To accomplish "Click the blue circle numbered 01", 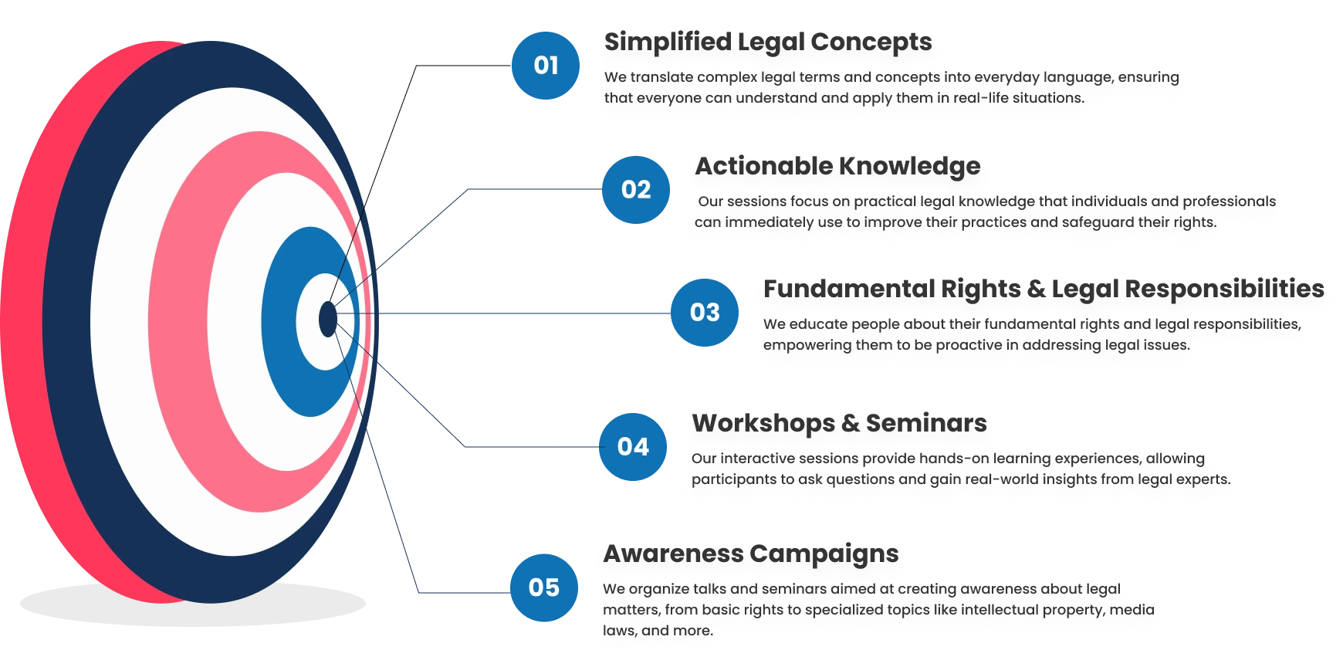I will (545, 66).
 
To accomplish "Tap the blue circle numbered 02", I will (634, 189).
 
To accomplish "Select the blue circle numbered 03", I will (704, 312).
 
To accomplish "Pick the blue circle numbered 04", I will (632, 446).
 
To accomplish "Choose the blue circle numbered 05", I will (543, 587).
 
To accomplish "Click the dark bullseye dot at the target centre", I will (327, 318).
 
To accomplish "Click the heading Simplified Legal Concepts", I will (768, 46).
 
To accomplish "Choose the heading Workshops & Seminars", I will (838, 427).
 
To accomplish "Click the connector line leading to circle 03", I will (525, 313).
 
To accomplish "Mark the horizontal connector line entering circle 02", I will (533, 188).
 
